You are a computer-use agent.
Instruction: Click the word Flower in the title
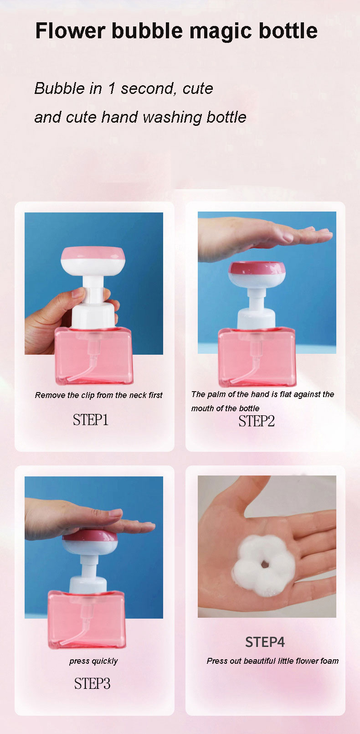(70, 31)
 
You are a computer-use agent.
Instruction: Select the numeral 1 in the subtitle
(112, 88)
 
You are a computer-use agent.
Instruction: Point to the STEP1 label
(90, 420)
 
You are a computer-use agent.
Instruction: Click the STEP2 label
(257, 421)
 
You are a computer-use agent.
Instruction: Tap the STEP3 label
(92, 683)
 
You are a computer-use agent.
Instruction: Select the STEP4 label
(265, 642)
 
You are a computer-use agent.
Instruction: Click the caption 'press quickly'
(93, 661)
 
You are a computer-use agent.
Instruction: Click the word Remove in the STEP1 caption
(50, 395)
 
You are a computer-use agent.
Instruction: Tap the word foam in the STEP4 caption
(329, 661)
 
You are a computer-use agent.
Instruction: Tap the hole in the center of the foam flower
(265, 564)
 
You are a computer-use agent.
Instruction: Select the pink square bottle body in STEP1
(94, 356)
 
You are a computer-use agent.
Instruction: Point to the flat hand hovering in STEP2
(262, 236)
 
